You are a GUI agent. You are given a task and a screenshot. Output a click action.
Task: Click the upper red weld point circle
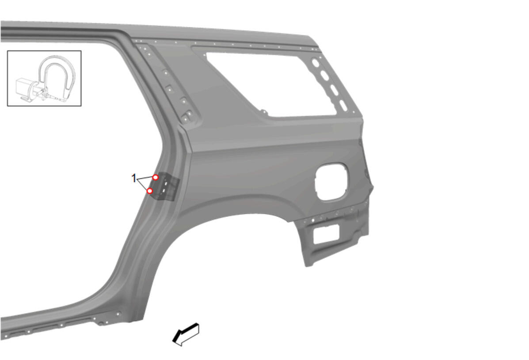coord(156,177)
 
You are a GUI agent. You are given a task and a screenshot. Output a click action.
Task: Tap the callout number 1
coord(134,178)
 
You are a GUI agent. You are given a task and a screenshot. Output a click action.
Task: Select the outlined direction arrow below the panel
coord(186,334)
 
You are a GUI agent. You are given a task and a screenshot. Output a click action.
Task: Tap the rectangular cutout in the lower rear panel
coord(326,234)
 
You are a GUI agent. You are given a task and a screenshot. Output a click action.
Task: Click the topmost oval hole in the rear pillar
coord(316,63)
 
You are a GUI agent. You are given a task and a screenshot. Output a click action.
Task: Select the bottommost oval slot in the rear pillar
coord(343,106)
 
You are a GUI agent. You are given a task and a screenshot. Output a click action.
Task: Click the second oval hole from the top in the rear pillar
coord(324,76)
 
